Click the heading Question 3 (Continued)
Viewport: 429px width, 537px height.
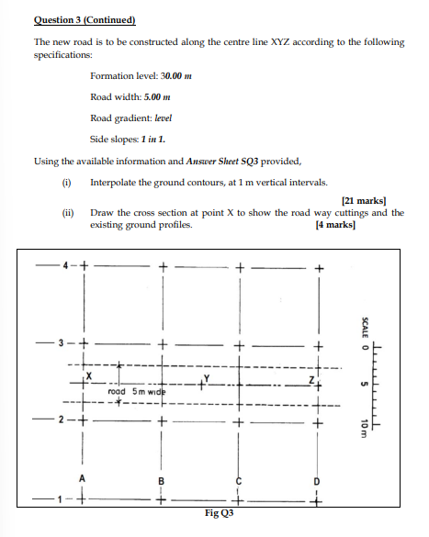(x=85, y=19)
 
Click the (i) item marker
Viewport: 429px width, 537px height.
(x=65, y=182)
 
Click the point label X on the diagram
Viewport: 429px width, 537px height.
(x=89, y=376)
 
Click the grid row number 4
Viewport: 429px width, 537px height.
(x=66, y=267)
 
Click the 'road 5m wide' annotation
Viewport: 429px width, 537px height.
(x=134, y=393)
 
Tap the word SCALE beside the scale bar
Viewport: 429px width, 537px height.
(x=365, y=326)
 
